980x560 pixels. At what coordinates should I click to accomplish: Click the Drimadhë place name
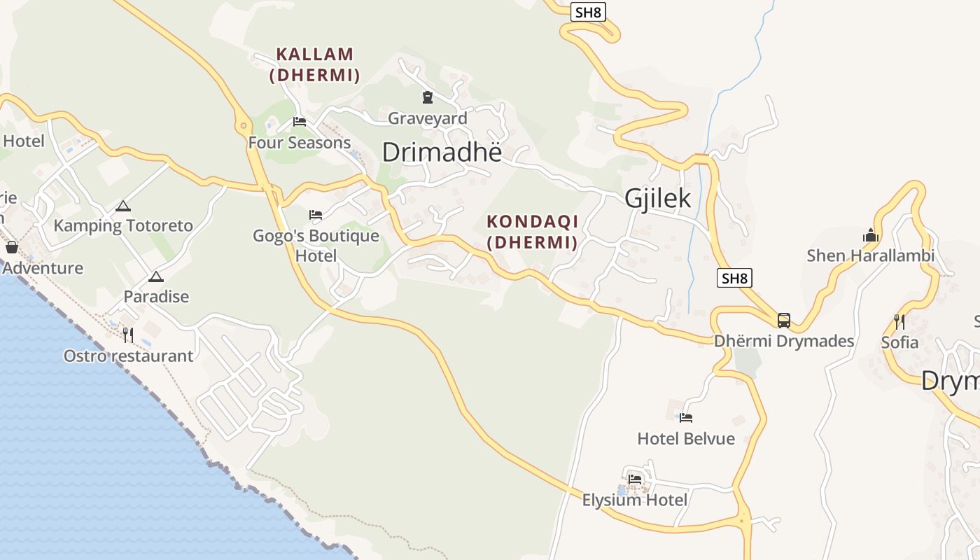point(442,152)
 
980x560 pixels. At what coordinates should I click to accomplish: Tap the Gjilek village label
point(657,198)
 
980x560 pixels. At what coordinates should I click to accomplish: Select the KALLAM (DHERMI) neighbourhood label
point(314,64)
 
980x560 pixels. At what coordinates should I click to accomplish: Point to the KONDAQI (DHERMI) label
point(532,232)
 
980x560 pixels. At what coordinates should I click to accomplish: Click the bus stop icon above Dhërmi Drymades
point(784,321)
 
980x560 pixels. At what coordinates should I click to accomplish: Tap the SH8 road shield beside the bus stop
point(735,278)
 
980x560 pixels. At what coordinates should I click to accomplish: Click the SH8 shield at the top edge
point(587,11)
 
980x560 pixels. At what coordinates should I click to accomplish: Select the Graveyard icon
point(428,97)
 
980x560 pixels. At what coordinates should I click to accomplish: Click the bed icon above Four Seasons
point(300,122)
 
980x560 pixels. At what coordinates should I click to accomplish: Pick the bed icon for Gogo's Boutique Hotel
point(316,214)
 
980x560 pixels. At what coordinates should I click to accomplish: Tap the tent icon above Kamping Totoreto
point(123,206)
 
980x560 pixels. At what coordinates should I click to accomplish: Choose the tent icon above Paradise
point(155,276)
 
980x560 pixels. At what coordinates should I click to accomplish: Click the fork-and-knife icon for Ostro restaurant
point(128,335)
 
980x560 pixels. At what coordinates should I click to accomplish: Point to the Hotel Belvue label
point(686,439)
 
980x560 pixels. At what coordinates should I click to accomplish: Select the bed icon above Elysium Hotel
point(635,479)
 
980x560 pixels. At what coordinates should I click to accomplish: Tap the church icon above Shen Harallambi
point(871,235)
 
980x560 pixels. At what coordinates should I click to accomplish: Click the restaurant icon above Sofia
point(899,322)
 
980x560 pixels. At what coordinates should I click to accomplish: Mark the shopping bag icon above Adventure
point(12,247)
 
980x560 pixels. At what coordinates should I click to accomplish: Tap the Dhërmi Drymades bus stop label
point(784,342)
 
